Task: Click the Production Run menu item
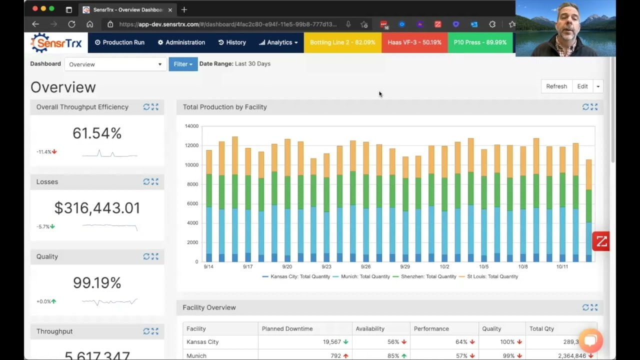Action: coord(119,42)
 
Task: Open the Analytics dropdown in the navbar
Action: coord(278,42)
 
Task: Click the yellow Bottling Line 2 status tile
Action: coord(342,42)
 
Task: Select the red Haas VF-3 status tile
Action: coord(414,42)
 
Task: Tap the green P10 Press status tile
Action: coord(480,42)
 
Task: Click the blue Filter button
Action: coord(183,64)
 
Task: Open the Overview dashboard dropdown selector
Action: coord(115,64)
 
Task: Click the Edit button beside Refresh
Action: coord(582,86)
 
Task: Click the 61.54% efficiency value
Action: coord(97,133)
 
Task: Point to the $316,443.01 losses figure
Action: coord(97,208)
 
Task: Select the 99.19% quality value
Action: coord(97,283)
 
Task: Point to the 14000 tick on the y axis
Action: coord(191,126)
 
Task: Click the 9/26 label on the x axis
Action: coord(365,267)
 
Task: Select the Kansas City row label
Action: coord(202,342)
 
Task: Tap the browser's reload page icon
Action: coord(71,24)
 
